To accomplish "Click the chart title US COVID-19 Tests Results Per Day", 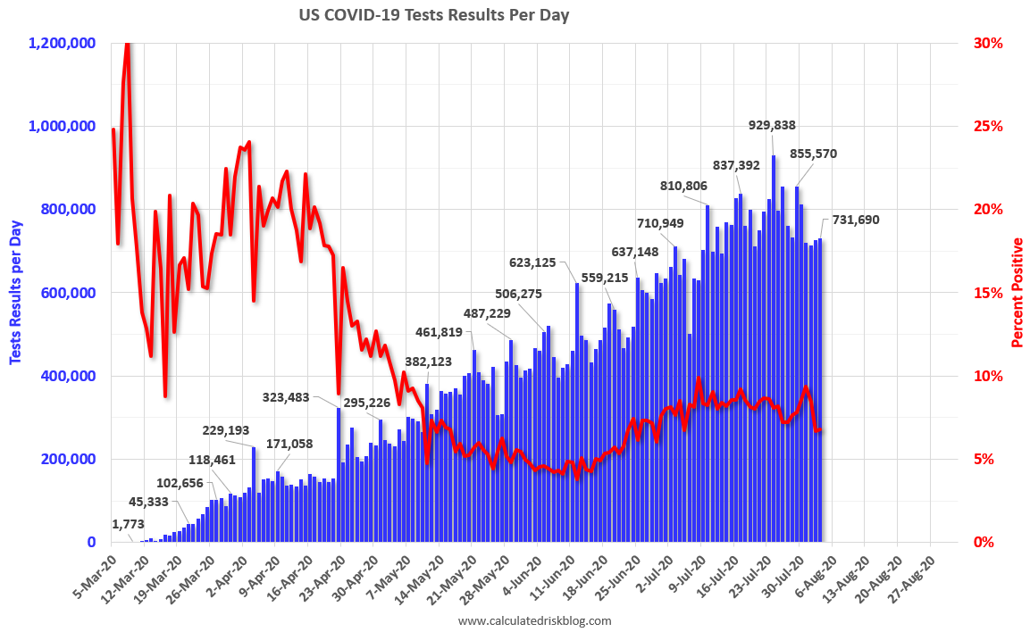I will [x=433, y=15].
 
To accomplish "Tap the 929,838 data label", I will [x=771, y=126].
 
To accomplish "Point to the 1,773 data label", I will [x=130, y=523].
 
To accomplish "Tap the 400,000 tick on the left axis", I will [x=69, y=376].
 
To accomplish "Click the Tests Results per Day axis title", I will [x=15, y=292].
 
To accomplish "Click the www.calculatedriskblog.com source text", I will [x=534, y=620].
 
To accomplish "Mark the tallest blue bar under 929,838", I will [x=774, y=348].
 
